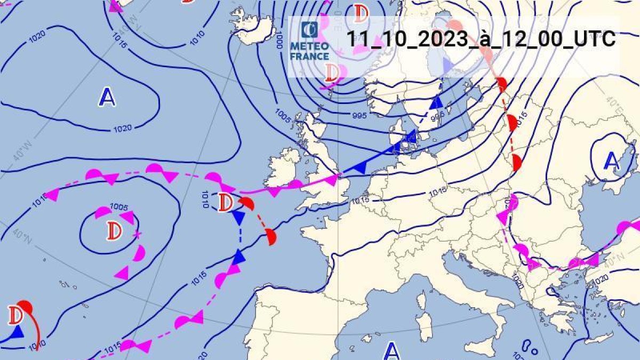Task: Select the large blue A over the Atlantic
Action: pyautogui.click(x=107, y=97)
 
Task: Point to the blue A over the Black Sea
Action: pyautogui.click(x=612, y=161)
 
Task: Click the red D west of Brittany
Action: pyautogui.click(x=225, y=202)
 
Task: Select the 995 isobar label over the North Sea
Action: pyautogui.click(x=359, y=115)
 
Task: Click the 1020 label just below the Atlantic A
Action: pyautogui.click(x=123, y=128)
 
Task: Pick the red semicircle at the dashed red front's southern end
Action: pyautogui.click(x=271, y=236)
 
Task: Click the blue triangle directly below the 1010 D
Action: pyautogui.click(x=238, y=217)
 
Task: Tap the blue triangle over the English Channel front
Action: pyautogui.click(x=361, y=167)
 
